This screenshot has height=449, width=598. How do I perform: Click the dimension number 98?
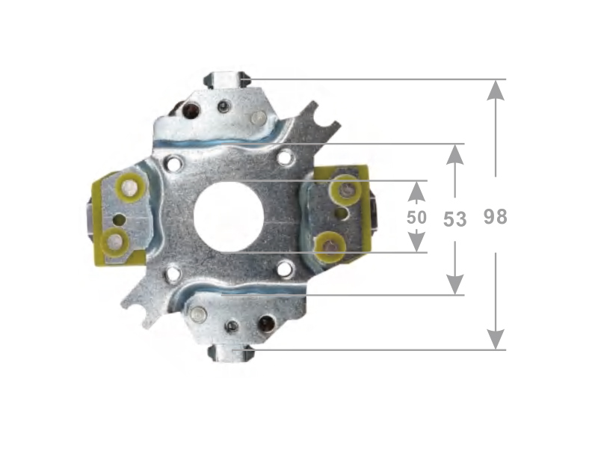[x=496, y=216]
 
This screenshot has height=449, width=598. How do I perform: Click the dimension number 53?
[x=455, y=219]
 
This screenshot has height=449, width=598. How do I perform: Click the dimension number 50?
[x=416, y=217]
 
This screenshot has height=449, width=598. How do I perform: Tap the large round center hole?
[x=229, y=217]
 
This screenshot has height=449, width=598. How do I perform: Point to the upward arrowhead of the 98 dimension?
[x=496, y=90]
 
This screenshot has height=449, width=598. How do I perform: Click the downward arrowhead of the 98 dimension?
[x=496, y=339]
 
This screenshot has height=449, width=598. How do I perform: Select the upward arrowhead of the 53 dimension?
[x=455, y=154]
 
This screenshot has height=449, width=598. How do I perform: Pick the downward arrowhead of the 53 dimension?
[x=455, y=284]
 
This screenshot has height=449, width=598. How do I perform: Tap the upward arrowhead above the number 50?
[x=416, y=191]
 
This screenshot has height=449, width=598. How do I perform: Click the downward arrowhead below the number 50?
[x=416, y=241]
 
